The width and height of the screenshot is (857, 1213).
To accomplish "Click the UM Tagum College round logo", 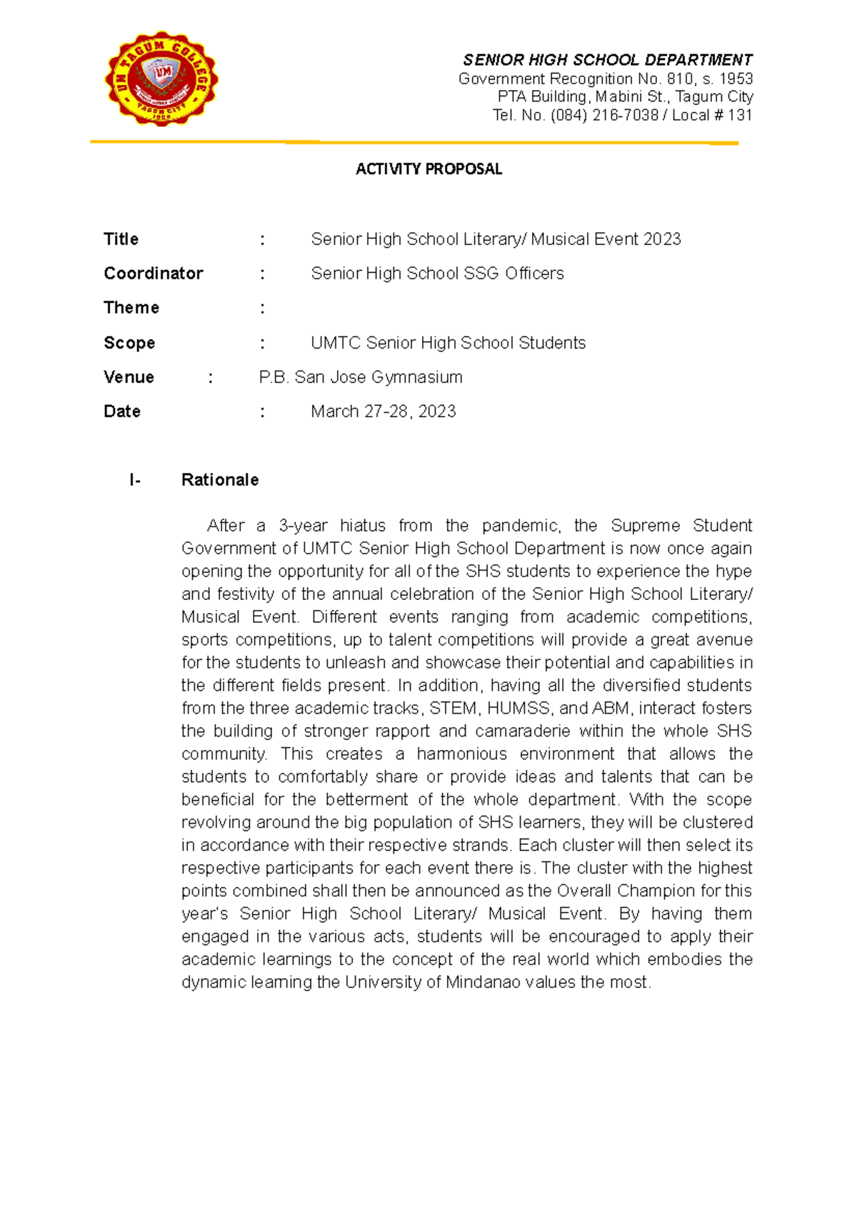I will [161, 79].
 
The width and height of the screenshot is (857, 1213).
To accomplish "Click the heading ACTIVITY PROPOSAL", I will [428, 169].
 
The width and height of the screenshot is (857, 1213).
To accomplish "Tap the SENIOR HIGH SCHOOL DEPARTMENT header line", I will [607, 60].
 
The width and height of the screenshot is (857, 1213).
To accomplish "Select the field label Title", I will [121, 239].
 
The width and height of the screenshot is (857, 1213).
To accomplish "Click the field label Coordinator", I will [154, 274].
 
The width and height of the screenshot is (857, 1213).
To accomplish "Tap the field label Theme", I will [131, 308].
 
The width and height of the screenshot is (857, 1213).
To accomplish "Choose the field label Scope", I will [129, 343].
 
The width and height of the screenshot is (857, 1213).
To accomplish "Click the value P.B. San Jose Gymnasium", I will [361, 377].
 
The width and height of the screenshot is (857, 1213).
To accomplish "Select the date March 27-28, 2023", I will [384, 411].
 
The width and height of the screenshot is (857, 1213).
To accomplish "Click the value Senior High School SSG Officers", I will [437, 274].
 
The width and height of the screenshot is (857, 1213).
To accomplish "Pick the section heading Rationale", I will [220, 480].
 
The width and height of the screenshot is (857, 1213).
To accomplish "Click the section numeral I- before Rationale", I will [135, 480].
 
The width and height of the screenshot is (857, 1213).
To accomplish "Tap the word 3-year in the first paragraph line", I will [303, 526].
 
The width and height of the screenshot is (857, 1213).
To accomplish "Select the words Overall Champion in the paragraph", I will [626, 891].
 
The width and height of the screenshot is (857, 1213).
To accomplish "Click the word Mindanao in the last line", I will [483, 982].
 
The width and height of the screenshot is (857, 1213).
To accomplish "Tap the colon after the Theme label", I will [263, 308].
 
